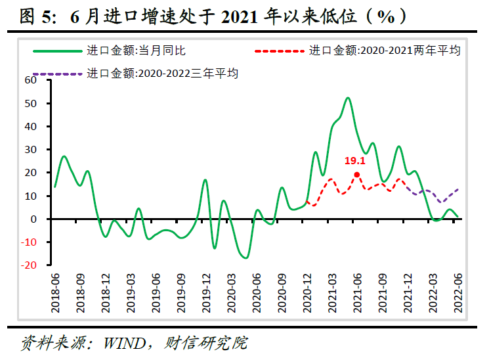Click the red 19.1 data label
354,160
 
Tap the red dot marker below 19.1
357,175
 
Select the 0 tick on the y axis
37,219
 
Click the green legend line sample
61,51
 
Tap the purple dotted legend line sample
61,74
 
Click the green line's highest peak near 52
348,98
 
